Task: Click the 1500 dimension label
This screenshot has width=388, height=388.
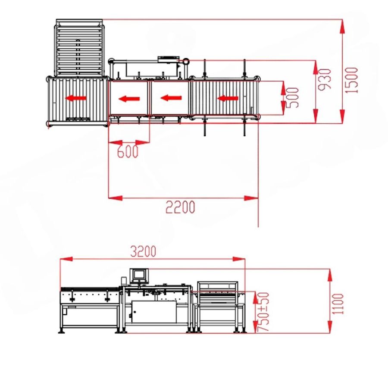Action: [352, 80]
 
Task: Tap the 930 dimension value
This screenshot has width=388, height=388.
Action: [325, 79]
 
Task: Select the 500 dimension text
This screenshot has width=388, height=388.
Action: [292, 97]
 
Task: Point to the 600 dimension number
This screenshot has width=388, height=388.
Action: [128, 151]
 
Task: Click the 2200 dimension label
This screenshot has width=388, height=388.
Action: [180, 207]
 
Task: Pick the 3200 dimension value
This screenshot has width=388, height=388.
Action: [143, 251]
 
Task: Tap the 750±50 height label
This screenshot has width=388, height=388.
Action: [263, 312]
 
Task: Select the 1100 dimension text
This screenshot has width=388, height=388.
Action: [338, 304]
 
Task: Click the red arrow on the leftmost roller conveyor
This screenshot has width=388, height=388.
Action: [76, 98]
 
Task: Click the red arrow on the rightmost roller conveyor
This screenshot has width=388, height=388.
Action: [228, 98]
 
